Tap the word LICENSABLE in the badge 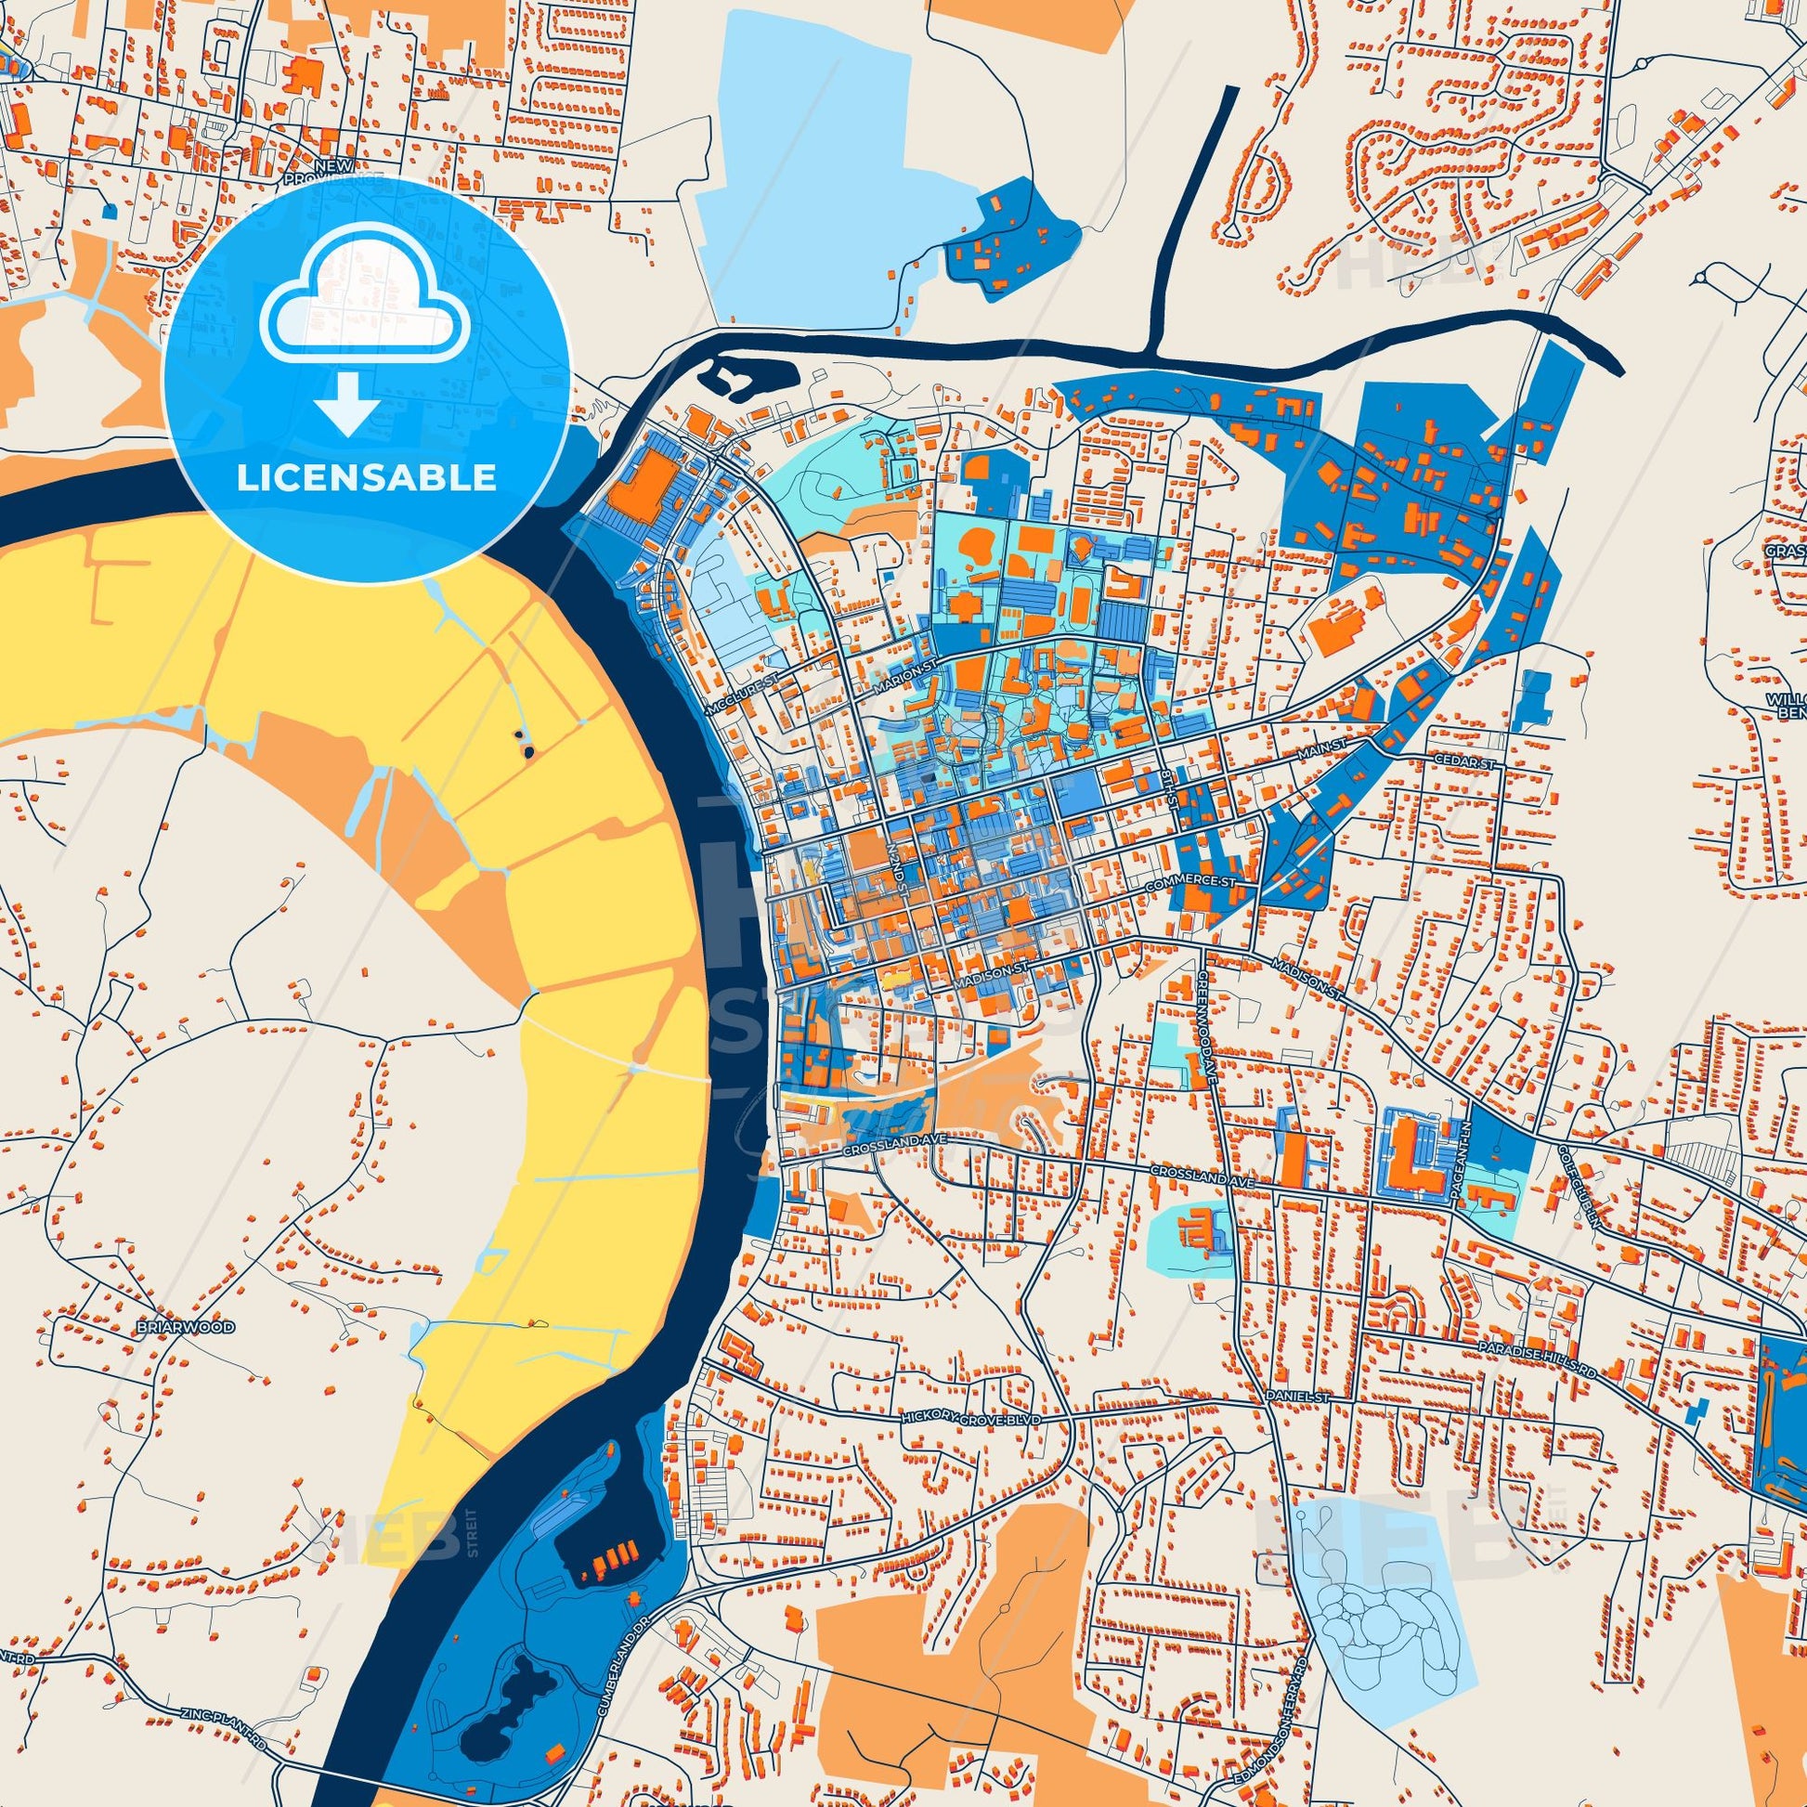366,478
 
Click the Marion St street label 904,679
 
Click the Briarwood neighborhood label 184,1327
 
